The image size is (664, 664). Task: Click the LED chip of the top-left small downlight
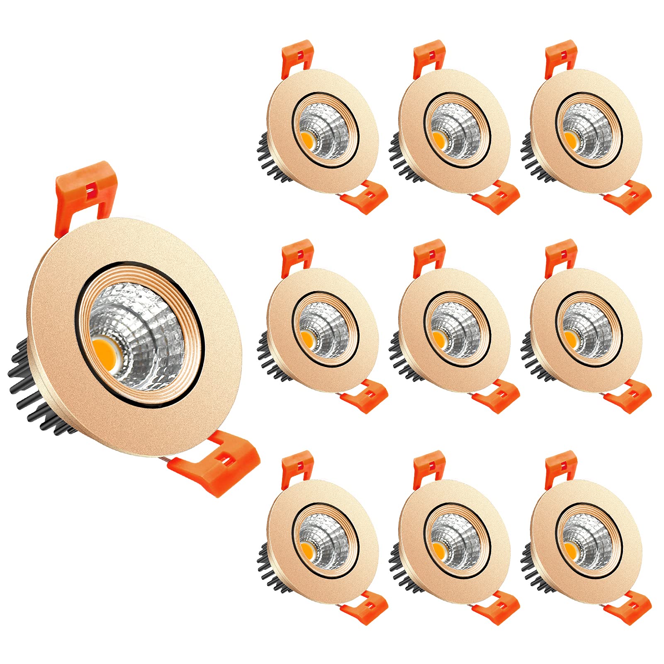click(x=307, y=139)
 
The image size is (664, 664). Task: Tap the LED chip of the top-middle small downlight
click(x=439, y=139)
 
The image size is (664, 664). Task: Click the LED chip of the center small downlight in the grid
click(x=439, y=338)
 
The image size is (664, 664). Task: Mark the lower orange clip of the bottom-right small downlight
click(x=628, y=608)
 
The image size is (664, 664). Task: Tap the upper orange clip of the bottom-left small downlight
click(x=297, y=466)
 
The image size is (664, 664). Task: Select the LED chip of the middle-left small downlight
click(x=307, y=338)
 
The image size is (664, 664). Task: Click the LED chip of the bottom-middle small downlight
click(x=439, y=549)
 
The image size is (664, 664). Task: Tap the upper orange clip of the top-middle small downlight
click(x=429, y=56)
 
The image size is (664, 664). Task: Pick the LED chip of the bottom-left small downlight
click(x=307, y=549)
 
